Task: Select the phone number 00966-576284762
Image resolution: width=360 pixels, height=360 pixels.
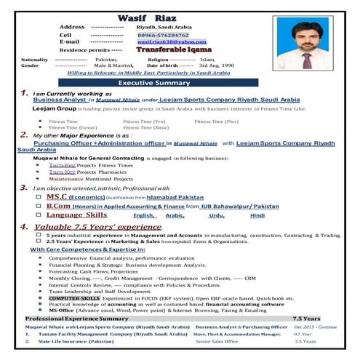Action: [162, 34]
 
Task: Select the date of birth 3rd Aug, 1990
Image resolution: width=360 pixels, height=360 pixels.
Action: [217, 65]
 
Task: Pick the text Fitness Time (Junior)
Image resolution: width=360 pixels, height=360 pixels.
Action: [73, 127]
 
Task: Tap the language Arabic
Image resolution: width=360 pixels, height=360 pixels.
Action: [175, 216]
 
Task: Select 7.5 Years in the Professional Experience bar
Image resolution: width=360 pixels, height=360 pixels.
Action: [305, 319]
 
